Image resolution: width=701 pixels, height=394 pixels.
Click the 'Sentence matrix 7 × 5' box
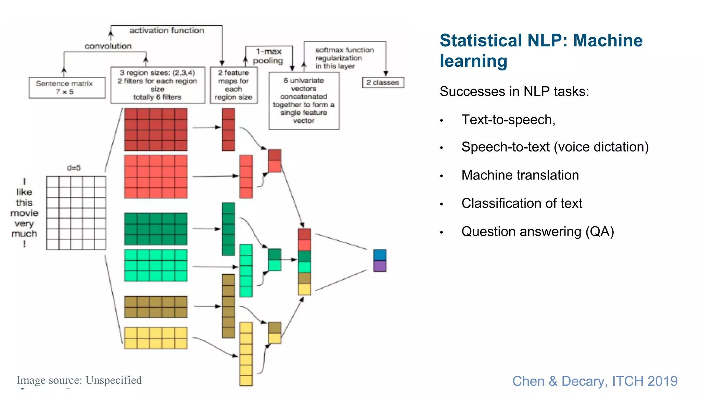[x=67, y=88]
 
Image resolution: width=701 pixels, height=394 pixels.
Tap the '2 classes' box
[x=383, y=82]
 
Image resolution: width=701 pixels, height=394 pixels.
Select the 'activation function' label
[x=167, y=30]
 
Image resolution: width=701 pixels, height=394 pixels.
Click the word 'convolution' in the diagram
[x=108, y=46]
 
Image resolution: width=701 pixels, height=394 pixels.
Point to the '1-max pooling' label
[x=268, y=56]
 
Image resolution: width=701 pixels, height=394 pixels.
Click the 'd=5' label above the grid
[x=74, y=168]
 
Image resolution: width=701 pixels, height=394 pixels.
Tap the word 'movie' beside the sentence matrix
[x=24, y=213]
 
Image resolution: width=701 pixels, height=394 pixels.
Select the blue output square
[x=380, y=255]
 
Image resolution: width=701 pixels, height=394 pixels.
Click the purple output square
[x=380, y=266]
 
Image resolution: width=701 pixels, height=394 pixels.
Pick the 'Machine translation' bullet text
[x=520, y=175]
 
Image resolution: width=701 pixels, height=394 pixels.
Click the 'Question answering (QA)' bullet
[x=537, y=232]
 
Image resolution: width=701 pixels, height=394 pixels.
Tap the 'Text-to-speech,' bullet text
[x=508, y=120]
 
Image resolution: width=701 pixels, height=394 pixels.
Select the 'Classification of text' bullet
[x=522, y=203]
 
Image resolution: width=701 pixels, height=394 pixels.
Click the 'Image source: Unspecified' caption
[x=79, y=380]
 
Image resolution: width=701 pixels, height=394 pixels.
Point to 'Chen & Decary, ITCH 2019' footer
[x=595, y=381]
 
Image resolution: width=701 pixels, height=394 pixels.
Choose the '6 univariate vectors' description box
[x=304, y=101]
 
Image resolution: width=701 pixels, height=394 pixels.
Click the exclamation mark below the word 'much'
[x=24, y=244]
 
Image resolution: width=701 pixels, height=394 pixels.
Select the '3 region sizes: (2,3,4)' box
[x=157, y=85]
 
